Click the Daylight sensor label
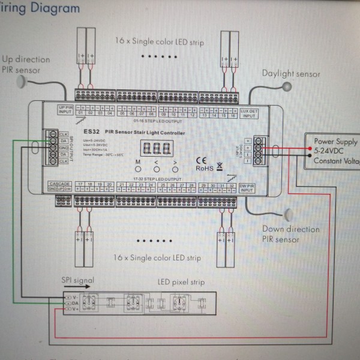click(x=291, y=74)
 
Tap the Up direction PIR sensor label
click(x=25, y=64)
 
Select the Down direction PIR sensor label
click(x=290, y=234)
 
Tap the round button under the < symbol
click(x=157, y=169)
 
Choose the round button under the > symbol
click(x=175, y=169)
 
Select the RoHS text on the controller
click(x=205, y=169)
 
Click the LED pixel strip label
click(x=182, y=282)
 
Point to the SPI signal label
click(x=77, y=280)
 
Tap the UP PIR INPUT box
click(x=65, y=109)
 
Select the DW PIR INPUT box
click(x=247, y=189)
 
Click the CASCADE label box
click(x=61, y=187)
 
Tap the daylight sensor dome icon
click(x=285, y=86)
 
